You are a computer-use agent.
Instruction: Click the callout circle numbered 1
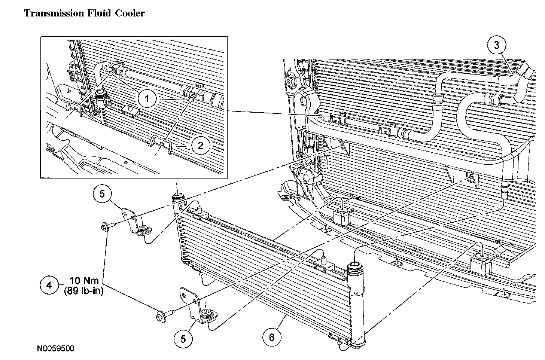(147, 99)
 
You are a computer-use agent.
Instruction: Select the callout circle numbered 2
(200, 145)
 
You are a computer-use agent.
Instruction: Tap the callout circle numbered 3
(496, 46)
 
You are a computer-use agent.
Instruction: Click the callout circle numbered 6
(272, 337)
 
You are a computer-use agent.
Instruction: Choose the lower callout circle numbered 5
(183, 339)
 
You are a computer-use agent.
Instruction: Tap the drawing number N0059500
(55, 349)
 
